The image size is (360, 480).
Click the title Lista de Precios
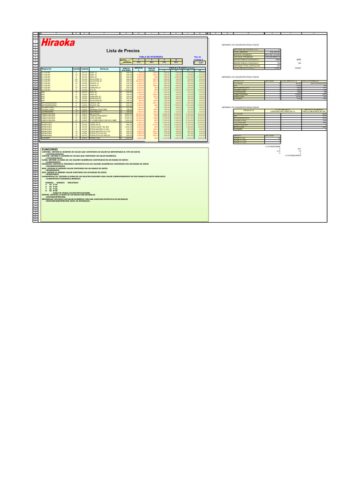pos(120,50)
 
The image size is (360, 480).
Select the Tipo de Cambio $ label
pos(197,58)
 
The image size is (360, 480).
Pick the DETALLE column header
pos(104,68)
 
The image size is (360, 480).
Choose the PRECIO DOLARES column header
pos(126,68)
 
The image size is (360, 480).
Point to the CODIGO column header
pos(85,68)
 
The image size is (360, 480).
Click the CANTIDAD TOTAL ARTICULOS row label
pos(243,66)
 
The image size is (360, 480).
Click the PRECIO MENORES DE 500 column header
pos(314,111)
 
